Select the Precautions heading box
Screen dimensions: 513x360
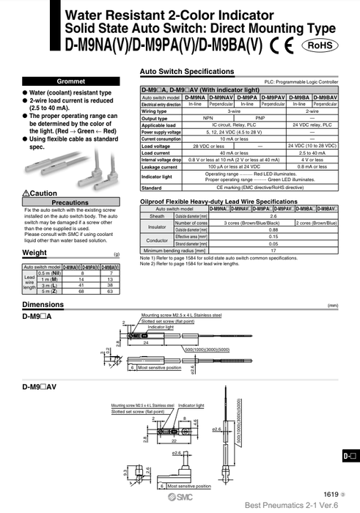pos(70,202)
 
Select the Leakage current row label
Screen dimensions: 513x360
pos(160,166)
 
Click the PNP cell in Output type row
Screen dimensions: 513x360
pos(260,118)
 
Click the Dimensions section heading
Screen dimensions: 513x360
pos(43,304)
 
